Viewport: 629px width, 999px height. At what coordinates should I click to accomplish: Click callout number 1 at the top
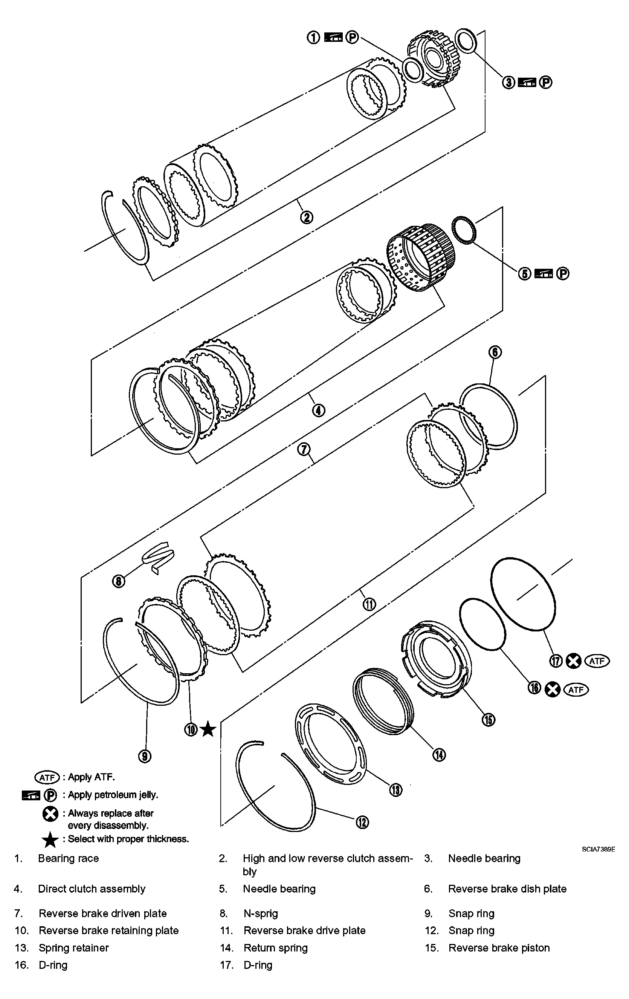pos(313,37)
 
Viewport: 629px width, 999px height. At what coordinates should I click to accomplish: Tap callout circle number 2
pos(307,217)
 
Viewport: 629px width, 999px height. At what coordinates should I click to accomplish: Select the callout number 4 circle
pos(318,410)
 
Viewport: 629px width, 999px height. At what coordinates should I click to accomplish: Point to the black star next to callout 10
pos(208,740)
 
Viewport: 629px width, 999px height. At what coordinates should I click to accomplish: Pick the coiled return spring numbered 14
pos(383,703)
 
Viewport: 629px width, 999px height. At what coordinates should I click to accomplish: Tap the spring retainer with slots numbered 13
pos(331,744)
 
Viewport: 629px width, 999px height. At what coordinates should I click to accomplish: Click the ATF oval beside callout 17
pos(597,661)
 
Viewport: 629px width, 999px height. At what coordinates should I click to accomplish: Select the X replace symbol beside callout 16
pos(552,689)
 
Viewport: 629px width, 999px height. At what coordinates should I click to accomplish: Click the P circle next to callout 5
pos(562,273)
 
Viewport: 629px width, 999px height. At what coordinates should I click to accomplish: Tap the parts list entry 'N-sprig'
pos(260,913)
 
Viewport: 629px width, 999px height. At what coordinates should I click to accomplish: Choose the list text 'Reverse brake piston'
pos(499,948)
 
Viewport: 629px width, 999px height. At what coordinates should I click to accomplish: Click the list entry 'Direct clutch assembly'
pos(92,889)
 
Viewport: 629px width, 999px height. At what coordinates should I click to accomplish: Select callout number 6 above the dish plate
pos(495,352)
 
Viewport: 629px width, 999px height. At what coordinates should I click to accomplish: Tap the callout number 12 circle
pos(362,822)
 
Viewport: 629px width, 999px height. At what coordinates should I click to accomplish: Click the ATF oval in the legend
pos(47,777)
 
